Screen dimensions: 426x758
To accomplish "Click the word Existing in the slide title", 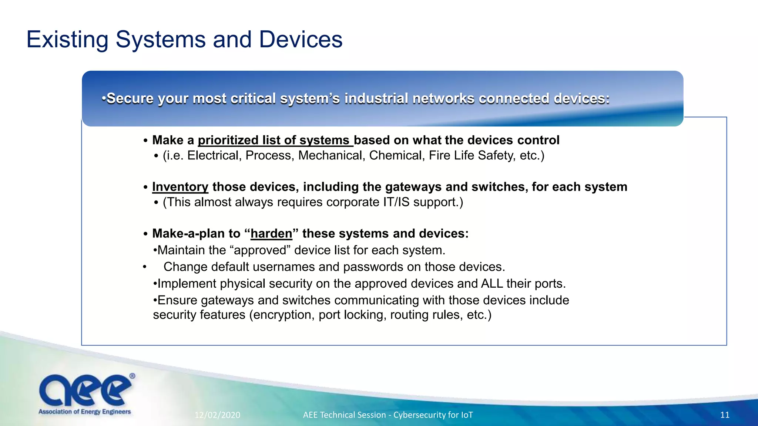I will click(67, 40).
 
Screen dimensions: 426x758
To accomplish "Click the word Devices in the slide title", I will click(301, 40).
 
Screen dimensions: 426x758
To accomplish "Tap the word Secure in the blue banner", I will click(130, 99).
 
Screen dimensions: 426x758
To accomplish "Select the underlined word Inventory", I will click(180, 187).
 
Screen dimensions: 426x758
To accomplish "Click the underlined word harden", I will click(271, 234).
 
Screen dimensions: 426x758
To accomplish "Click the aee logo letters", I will click(85, 390).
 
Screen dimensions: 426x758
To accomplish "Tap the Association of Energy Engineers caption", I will click(85, 412).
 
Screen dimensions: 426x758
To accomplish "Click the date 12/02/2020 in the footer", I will click(217, 415).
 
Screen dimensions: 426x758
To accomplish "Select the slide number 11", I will click(725, 415).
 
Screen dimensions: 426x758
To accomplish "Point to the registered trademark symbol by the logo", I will click(132, 376).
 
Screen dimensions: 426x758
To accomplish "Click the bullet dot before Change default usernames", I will click(145, 267).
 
